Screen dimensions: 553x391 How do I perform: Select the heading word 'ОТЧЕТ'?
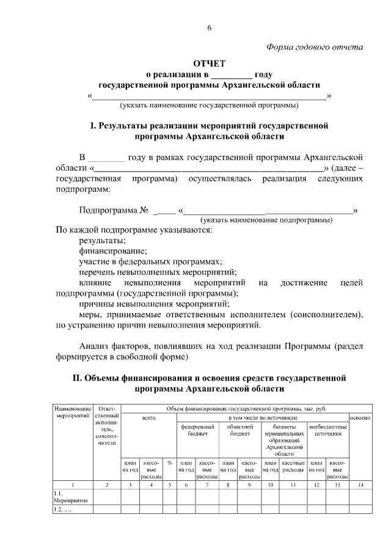point(210,64)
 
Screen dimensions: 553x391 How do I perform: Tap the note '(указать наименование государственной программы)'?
point(210,105)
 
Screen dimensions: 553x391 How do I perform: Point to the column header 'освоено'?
point(360,417)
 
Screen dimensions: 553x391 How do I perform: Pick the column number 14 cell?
point(360,485)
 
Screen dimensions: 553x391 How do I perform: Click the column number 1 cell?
point(73,485)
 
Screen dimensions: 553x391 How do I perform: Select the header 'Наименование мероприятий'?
point(73,412)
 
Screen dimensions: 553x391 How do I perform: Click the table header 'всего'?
point(148,417)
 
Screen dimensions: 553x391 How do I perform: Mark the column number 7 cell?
point(207,485)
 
